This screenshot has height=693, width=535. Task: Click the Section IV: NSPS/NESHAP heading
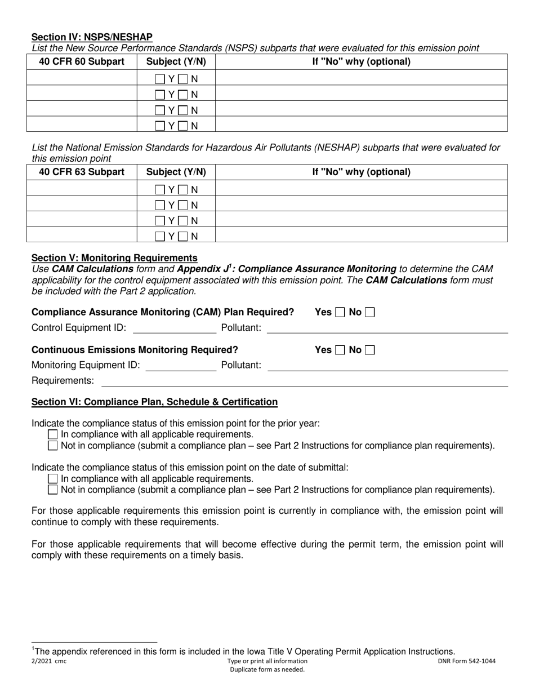click(92, 37)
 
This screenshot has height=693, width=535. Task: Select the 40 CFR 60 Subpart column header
click(82, 61)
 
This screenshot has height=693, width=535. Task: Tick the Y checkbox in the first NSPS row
click(160, 79)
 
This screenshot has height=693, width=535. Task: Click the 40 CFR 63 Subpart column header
click(82, 172)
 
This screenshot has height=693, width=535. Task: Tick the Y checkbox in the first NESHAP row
click(160, 190)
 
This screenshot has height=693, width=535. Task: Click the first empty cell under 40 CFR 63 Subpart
click(82, 190)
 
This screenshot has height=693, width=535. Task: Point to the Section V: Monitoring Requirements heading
click(114, 258)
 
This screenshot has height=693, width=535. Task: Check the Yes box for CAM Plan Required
click(340, 312)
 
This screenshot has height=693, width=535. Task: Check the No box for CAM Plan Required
click(369, 312)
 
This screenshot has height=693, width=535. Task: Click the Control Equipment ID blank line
click(174, 328)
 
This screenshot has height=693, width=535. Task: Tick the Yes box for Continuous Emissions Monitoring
click(340, 350)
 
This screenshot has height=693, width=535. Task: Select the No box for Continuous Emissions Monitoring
click(369, 350)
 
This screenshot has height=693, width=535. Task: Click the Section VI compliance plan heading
click(154, 402)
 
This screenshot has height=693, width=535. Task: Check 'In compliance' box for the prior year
click(53, 434)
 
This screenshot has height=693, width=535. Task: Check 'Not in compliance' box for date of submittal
click(53, 490)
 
